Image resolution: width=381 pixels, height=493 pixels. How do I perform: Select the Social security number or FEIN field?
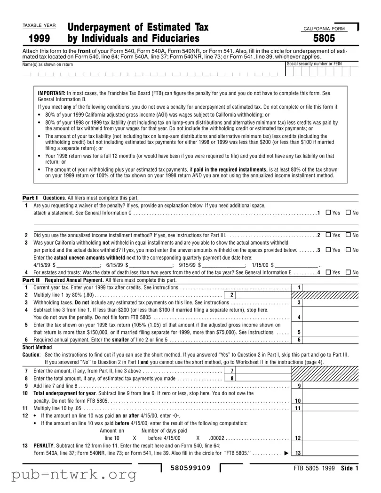tap(322, 72)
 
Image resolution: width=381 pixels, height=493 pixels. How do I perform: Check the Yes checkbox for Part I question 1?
tap(327, 213)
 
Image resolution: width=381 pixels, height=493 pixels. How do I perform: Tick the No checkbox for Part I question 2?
tap(348, 235)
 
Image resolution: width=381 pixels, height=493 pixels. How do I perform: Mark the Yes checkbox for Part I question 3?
tap(327, 250)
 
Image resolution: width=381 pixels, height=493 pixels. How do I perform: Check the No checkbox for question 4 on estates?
tap(348, 272)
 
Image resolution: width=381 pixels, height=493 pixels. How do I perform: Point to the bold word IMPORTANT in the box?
tap(52, 93)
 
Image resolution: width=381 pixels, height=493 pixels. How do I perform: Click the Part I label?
tap(30, 198)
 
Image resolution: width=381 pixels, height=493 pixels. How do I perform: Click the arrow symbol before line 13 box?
tap(286, 453)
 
